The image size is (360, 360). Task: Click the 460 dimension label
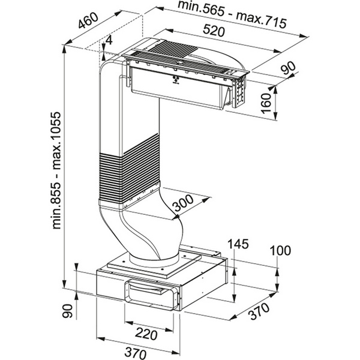point(88,20)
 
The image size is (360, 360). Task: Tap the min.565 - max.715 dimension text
point(232,14)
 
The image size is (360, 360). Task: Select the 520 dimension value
point(214,31)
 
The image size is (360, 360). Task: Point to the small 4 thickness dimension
point(109,41)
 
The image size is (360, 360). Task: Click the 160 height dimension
point(267,103)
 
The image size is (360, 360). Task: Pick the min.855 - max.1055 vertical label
point(56,170)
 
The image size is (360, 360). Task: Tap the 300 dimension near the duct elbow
point(183,203)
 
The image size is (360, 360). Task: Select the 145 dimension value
point(238,244)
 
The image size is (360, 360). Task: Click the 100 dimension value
point(280,250)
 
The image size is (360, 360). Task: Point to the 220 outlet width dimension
point(146,334)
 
